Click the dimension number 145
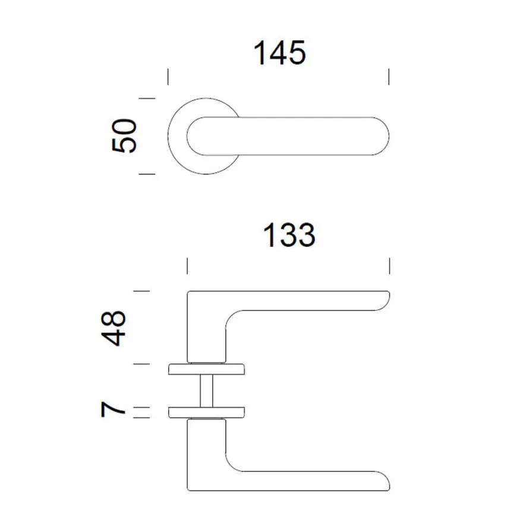[x=279, y=53]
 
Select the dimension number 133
[x=289, y=235]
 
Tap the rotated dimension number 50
[x=124, y=136]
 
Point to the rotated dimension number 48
[x=114, y=328]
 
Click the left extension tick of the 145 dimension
[x=168, y=77]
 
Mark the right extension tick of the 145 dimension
[x=389, y=77]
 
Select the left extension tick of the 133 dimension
[x=187, y=266]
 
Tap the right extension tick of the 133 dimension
[x=390, y=266]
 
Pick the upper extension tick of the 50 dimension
[x=147, y=99]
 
